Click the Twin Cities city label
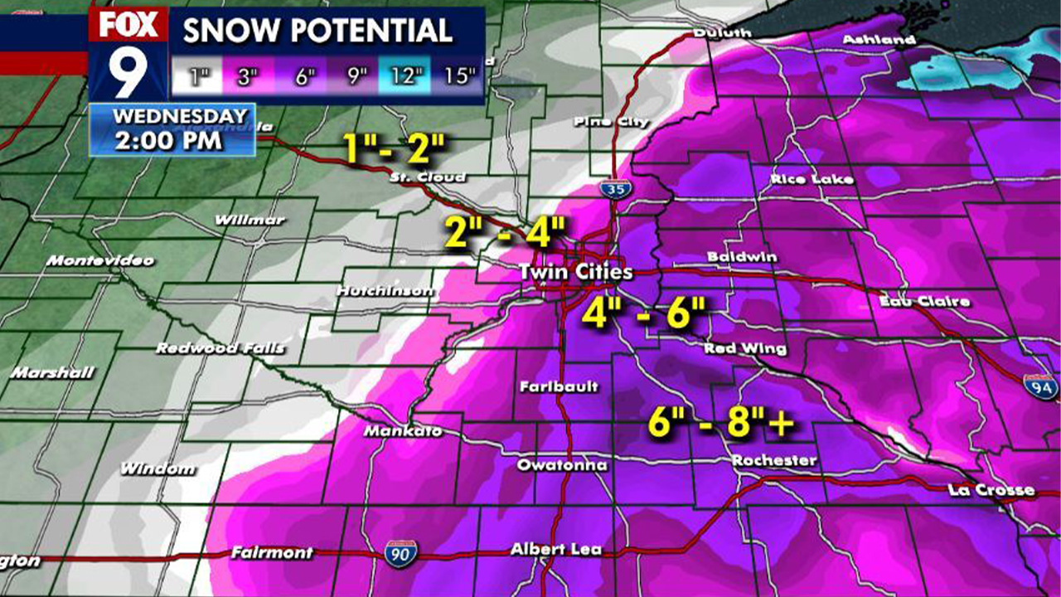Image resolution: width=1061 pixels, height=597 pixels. pos(576,272)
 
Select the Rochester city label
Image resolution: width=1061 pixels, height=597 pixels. pos(775,460)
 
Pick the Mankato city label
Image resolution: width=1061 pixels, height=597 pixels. pos(403,432)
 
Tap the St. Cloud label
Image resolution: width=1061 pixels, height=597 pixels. pos(429,177)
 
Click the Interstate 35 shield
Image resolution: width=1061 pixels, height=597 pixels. pos(613,189)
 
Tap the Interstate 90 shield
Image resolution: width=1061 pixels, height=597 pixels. pos(400,553)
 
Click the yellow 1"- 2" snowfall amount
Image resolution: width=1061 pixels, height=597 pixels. pos(395,149)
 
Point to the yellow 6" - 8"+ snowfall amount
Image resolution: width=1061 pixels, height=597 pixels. pos(720,424)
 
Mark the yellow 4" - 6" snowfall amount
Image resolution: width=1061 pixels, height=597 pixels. pos(643,314)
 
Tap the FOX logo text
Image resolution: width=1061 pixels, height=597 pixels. pos(128,26)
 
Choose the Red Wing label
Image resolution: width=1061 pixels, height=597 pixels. pos(745,349)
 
